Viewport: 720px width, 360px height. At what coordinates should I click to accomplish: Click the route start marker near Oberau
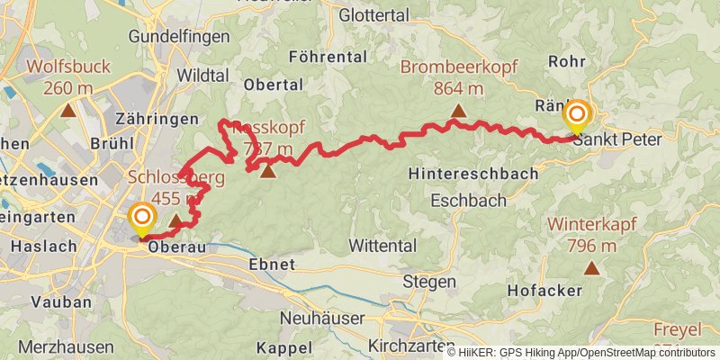point(141,217)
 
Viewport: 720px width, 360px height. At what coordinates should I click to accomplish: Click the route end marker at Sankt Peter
point(576,116)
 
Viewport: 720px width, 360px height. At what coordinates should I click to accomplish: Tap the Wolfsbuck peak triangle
point(67,112)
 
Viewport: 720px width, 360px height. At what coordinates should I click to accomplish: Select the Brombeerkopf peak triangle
point(458,112)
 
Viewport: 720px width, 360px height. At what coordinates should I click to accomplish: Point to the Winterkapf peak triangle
point(591,267)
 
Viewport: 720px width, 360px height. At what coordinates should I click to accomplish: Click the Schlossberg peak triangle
point(175,220)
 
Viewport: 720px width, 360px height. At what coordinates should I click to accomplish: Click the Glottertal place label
point(374,14)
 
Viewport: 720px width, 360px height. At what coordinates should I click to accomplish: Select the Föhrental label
point(328,57)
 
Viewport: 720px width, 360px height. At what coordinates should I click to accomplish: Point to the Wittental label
point(382,246)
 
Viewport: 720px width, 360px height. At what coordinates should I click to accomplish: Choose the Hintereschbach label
point(473,173)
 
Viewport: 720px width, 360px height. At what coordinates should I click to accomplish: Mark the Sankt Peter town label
point(616,140)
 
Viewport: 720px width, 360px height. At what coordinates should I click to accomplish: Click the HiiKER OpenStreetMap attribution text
point(581,353)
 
